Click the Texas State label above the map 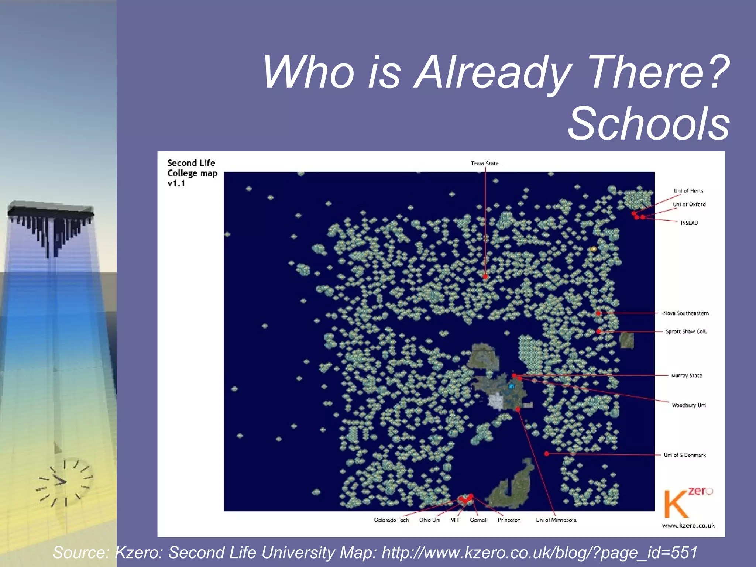484,164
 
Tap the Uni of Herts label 688,191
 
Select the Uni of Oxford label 689,204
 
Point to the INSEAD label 689,223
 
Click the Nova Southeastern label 686,313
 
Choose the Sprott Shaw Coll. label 686,331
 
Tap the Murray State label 686,375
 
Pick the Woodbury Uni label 688,405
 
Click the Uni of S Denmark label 684,455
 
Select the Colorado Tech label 391,520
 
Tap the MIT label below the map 455,520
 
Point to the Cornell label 478,520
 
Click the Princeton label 509,520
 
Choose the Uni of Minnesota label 556,520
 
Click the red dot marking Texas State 485,276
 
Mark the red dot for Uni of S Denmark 547,454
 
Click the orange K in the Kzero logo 676,504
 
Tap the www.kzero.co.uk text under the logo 688,526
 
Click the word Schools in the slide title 649,123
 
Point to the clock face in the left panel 66,482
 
